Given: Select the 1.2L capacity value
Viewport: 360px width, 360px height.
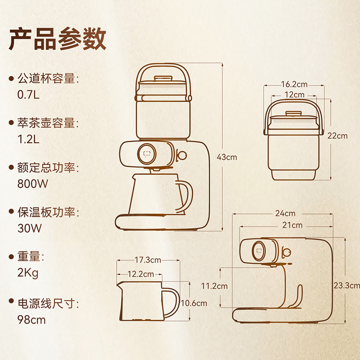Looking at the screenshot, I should (28, 139).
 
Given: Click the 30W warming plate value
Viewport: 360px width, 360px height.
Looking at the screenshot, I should (29, 228).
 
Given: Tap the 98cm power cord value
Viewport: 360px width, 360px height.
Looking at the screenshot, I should (31, 320).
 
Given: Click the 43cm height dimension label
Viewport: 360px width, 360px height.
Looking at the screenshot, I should (227, 157).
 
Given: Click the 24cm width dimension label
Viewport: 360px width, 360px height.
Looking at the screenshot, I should (286, 213).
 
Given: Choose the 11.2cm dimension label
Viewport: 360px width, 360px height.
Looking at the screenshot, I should (215, 286).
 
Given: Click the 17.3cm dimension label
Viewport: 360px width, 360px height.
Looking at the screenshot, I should (148, 260).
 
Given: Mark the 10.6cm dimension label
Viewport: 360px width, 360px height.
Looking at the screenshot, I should (194, 303).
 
